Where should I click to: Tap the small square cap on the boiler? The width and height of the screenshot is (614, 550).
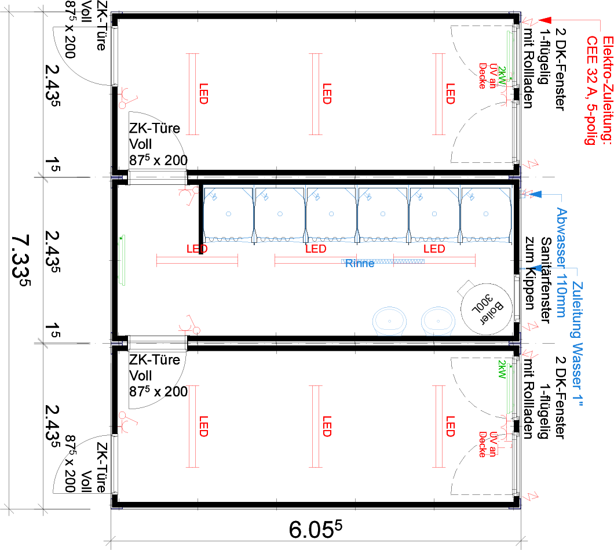[465, 287]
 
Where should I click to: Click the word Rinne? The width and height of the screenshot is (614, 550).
[360, 264]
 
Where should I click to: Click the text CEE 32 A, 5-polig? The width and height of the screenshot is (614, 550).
[591, 90]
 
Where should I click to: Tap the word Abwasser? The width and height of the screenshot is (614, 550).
[561, 235]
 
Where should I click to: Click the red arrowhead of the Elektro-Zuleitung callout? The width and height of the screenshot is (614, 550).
[545, 21]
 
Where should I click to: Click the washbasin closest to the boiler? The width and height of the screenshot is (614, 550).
[438, 320]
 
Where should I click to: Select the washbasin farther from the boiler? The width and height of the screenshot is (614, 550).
[390, 320]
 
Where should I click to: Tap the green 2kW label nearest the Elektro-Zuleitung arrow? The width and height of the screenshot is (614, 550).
[502, 75]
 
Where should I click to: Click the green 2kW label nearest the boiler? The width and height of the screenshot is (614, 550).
[502, 369]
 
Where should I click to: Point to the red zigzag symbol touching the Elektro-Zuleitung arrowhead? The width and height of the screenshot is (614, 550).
[529, 21]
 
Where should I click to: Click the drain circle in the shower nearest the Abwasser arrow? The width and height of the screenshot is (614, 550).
[486, 214]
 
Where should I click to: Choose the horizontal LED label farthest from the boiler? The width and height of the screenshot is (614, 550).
[197, 249]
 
